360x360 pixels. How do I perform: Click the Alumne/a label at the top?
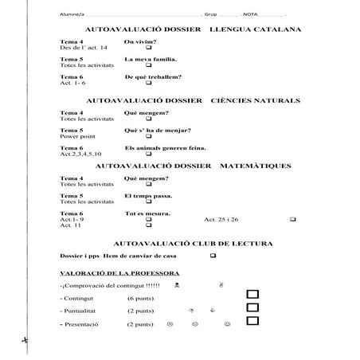pyautogui.click(x=72, y=15)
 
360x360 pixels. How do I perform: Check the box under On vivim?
pyautogui.click(x=149, y=48)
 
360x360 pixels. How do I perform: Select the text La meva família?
pyautogui.click(x=151, y=59)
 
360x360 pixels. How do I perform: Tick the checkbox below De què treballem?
pyautogui.click(x=149, y=83)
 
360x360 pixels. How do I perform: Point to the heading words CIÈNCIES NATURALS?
pyautogui.click(x=256, y=101)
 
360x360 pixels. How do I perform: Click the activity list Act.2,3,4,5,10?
pyautogui.click(x=81, y=154)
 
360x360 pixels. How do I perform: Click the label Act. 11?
pyautogui.click(x=71, y=225)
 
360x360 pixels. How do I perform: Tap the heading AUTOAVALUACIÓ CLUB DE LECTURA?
pyautogui.click(x=194, y=241)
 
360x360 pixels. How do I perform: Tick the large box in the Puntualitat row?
pyautogui.click(x=253, y=308)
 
